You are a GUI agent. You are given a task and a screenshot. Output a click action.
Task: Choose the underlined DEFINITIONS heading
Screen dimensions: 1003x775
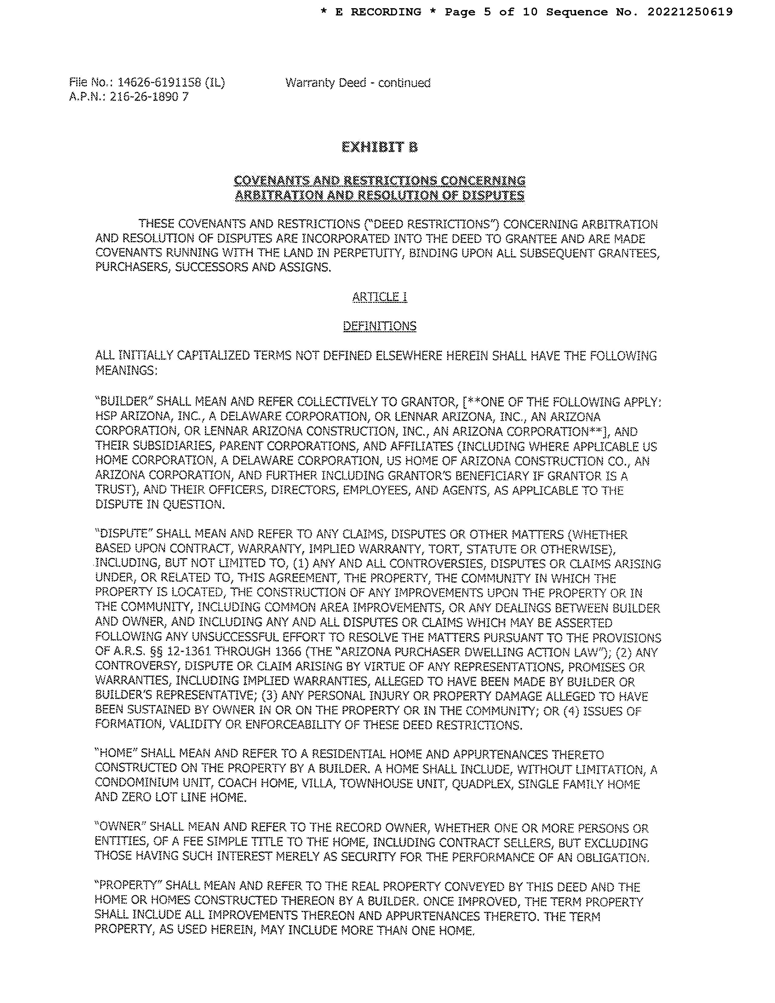coord(380,326)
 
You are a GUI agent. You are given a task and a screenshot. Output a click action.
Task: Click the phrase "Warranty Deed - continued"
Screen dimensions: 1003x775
coord(358,83)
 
